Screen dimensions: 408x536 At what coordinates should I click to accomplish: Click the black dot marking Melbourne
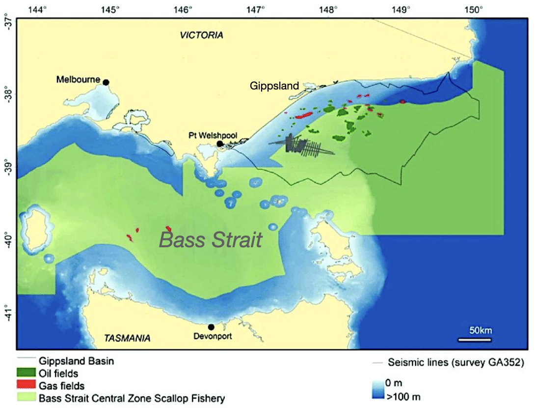[x=106, y=83]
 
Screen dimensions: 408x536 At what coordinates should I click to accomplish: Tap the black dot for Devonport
[x=211, y=327]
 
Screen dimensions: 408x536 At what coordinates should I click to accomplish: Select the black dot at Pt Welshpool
[x=220, y=144]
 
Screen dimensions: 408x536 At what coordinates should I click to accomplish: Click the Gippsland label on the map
[x=274, y=86]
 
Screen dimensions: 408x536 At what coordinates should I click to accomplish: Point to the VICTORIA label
[x=201, y=35]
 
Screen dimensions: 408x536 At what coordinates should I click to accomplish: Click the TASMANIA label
[x=127, y=338]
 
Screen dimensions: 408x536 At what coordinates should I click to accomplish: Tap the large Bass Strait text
[x=211, y=240]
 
